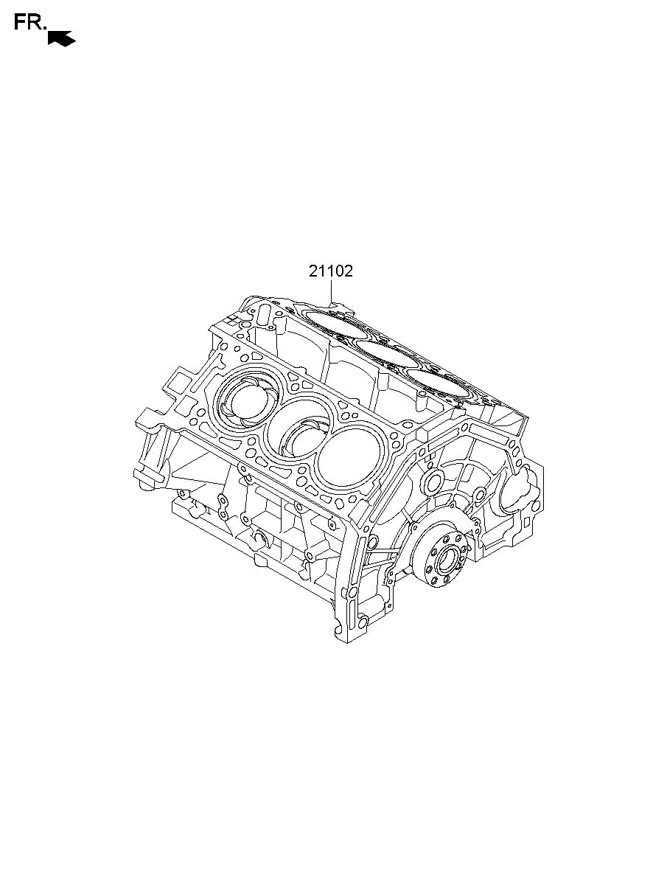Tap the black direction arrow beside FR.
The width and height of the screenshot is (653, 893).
62,38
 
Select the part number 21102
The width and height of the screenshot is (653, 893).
331,271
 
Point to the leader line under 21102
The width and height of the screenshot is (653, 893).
331,292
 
